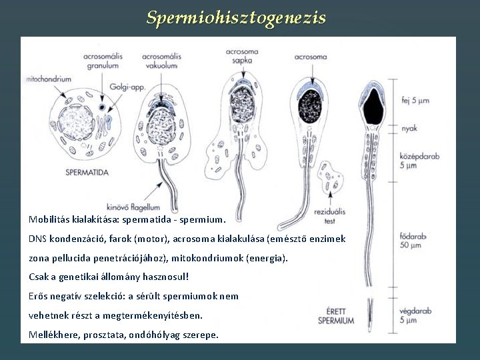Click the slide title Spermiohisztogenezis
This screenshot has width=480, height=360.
(x=236, y=17)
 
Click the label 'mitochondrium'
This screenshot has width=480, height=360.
(x=49, y=79)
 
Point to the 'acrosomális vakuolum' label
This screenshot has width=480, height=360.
(x=160, y=61)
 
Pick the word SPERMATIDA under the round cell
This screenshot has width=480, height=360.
(x=87, y=172)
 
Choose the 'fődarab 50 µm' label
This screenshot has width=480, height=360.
(x=413, y=241)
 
